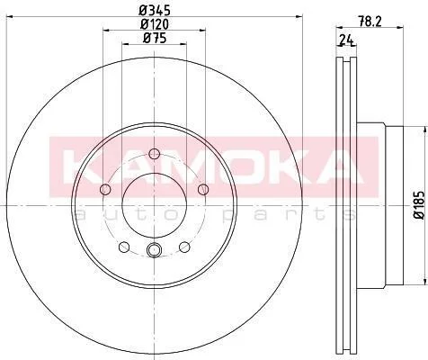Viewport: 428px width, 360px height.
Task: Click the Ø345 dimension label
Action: (155, 11)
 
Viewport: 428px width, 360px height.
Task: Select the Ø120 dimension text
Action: (155, 24)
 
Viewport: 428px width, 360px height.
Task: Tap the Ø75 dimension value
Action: (155, 38)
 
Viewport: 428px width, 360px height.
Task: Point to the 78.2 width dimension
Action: (370, 22)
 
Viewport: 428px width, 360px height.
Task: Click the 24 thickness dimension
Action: (346, 39)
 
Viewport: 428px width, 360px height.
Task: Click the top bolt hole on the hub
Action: (154, 154)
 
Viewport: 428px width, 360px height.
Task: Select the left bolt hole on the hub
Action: (105, 189)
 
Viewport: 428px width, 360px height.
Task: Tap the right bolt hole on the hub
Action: (203, 189)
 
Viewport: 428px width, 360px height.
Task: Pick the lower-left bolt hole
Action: (124, 247)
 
